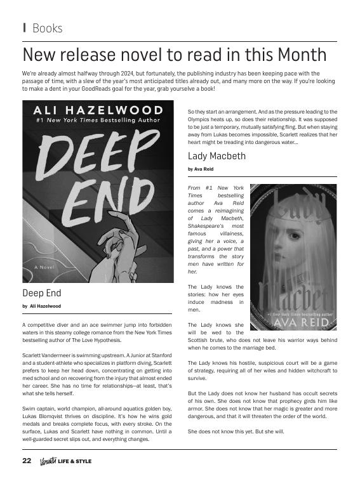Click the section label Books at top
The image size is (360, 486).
pos(47,29)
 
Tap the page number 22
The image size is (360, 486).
pos(27,461)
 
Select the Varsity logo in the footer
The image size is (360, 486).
pos(48,461)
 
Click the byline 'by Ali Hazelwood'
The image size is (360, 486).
pos(41,306)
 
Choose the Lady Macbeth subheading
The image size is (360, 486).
pos(217,156)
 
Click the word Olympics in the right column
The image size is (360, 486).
pos(201,119)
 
